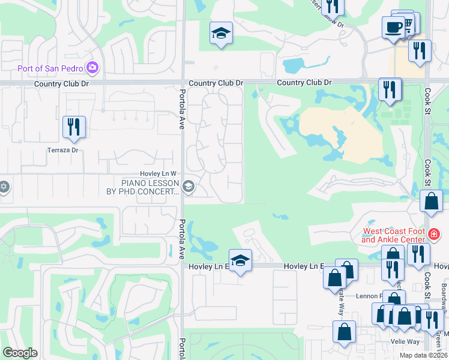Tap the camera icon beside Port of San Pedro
coord(92,67)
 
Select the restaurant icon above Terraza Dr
coord(74,127)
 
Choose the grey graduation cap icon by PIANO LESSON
coord(189,187)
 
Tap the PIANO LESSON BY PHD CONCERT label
coord(150,187)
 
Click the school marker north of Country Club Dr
coord(221,34)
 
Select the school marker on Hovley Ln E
coord(240,261)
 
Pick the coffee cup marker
coord(394,27)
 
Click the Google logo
coord(20,353)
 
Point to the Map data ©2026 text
coord(423,355)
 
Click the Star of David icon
coord(4,186)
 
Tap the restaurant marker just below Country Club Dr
coord(390,90)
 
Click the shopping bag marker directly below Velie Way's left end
coord(345,332)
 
